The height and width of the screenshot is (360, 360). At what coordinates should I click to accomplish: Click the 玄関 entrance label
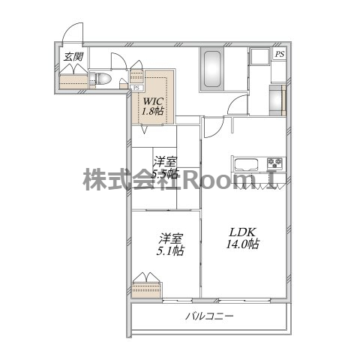72,56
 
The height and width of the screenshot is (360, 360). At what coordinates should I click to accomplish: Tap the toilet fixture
101,78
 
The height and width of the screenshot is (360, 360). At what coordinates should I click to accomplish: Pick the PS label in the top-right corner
279,55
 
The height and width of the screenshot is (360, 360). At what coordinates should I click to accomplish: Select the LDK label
243,231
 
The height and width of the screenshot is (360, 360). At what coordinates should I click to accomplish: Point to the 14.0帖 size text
243,244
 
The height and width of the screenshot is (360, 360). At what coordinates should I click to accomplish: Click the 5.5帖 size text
165,174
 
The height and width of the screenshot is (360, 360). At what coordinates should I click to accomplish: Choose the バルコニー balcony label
210,316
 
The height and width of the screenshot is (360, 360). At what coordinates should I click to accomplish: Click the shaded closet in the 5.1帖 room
145,288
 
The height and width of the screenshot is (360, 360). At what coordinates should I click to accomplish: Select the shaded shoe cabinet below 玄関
72,81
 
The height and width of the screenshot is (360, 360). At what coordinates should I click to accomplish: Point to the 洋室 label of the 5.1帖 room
169,238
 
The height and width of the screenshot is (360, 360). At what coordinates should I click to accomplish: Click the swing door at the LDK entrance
212,129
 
